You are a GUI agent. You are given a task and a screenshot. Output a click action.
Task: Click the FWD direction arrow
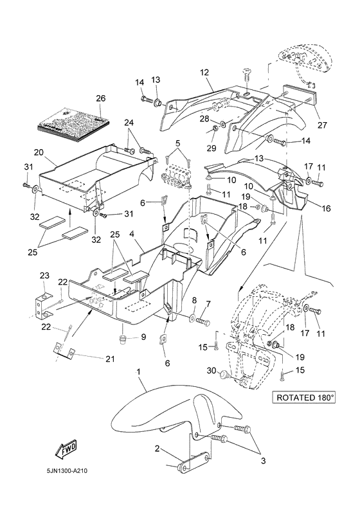(67, 450)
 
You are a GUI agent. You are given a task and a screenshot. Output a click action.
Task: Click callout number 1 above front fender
(139, 372)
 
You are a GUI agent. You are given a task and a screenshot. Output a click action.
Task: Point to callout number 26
(101, 98)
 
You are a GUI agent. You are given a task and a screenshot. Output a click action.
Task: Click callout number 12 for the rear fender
(204, 72)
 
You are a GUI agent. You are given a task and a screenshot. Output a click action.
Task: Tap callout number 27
(323, 125)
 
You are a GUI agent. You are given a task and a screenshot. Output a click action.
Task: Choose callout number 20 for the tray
(39, 152)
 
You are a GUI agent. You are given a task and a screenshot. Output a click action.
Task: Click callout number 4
(132, 233)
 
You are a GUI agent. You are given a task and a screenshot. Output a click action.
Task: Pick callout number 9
(144, 337)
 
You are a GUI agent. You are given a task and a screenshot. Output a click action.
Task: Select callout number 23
(44, 276)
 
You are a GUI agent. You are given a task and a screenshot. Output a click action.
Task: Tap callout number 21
(111, 359)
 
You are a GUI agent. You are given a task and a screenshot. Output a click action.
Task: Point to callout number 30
(212, 370)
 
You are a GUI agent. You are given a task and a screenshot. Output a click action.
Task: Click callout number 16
(326, 208)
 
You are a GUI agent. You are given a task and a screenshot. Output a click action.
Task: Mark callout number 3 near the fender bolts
(264, 461)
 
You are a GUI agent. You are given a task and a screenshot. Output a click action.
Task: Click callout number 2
(157, 449)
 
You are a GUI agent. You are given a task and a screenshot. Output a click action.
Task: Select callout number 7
(208, 304)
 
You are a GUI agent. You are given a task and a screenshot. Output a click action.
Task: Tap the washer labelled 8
(193, 316)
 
